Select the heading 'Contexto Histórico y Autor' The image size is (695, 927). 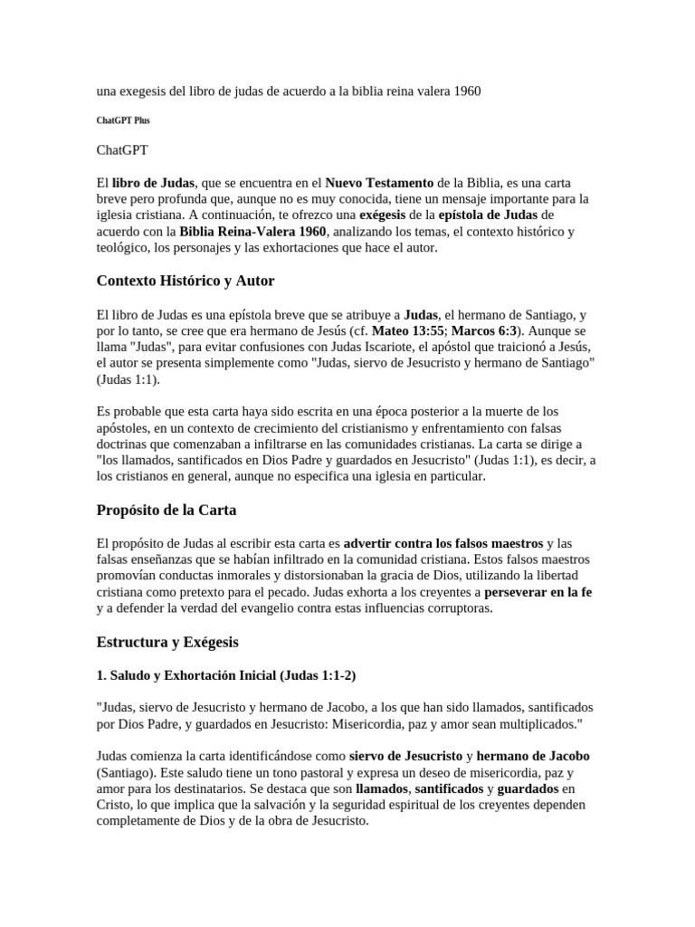coord(186,281)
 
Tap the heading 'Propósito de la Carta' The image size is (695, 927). coord(167,510)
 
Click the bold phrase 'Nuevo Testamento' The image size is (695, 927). coord(379,182)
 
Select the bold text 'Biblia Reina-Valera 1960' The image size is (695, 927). coord(252,231)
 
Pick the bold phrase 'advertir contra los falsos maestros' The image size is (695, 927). coord(443,543)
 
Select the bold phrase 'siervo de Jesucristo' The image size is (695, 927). coord(405,756)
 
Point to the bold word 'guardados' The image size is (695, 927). coord(528,788)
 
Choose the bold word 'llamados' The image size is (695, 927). coord(382,788)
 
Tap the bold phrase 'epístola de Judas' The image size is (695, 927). coord(488,215)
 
